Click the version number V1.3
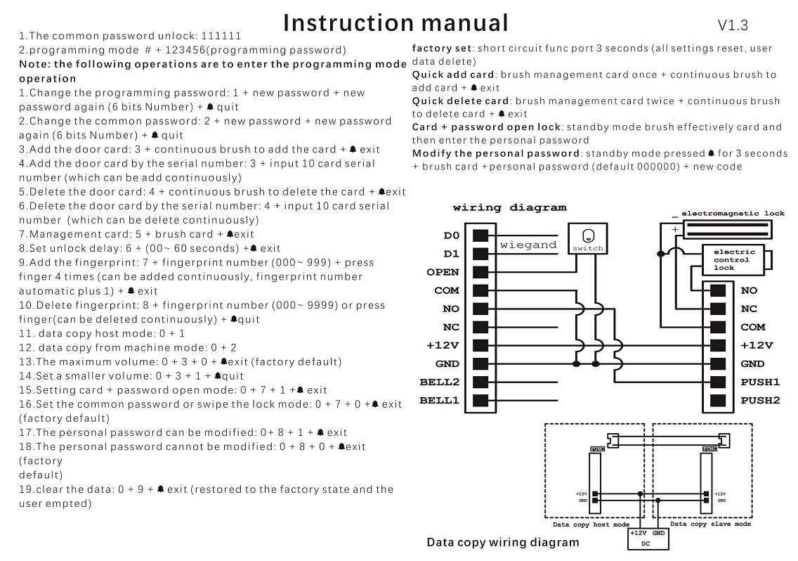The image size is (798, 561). (733, 25)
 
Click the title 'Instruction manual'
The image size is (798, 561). (395, 22)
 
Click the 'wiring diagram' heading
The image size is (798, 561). (509, 208)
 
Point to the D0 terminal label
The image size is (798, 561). (452, 236)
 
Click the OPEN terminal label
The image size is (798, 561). (443, 272)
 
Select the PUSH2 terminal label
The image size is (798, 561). (760, 400)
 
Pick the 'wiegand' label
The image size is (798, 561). (528, 245)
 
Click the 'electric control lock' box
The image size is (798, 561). (734, 259)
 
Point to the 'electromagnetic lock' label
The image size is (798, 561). (733, 212)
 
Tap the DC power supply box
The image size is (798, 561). (648, 539)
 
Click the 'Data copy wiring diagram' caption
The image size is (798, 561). (503, 542)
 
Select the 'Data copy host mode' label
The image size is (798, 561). (591, 524)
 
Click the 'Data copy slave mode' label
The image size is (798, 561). (710, 524)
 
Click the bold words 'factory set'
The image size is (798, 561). (443, 49)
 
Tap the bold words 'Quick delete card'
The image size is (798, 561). (460, 101)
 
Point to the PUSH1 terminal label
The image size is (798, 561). (760, 382)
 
